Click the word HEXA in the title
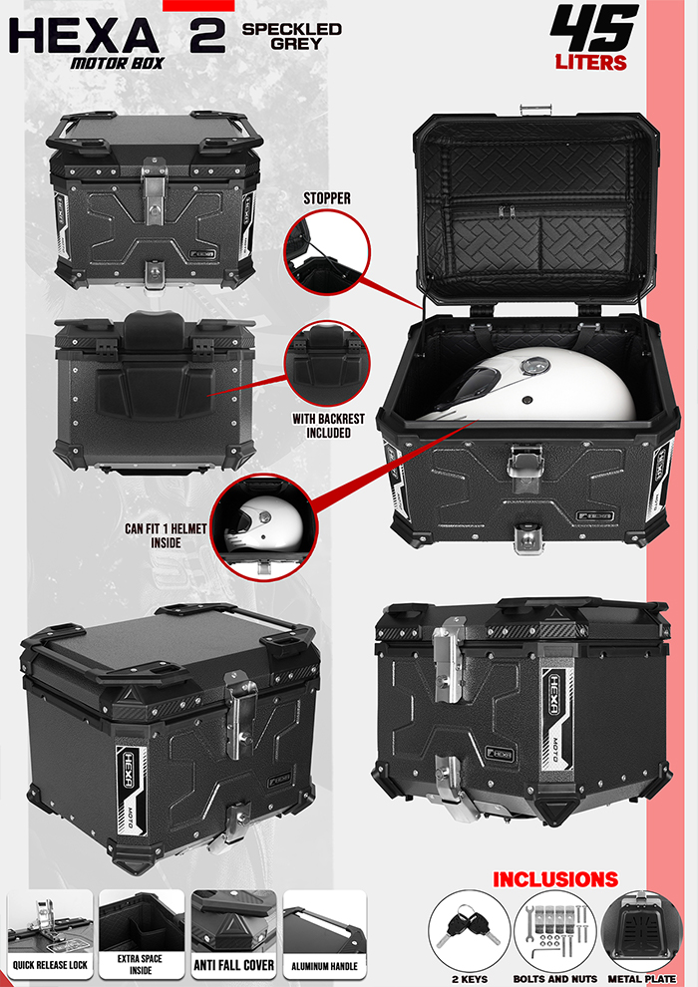point(84,36)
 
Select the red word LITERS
point(591,63)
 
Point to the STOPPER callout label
point(327,198)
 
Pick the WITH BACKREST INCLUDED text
point(321,426)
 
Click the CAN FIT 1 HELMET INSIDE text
point(179,536)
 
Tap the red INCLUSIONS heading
point(554,879)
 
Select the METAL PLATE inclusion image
point(641,928)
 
